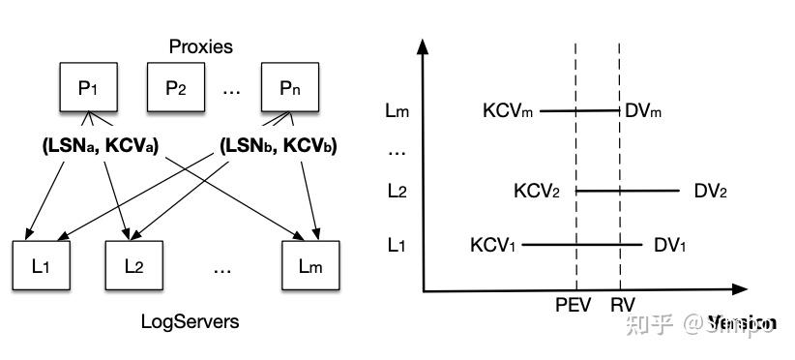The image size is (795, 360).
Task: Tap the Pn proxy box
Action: pyautogui.click(x=289, y=88)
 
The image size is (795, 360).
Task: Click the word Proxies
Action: pyautogui.click(x=200, y=46)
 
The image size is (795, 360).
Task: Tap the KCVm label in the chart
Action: pyautogui.click(x=508, y=111)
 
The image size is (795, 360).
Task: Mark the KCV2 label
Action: pyautogui.click(x=538, y=191)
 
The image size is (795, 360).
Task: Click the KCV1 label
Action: pyautogui.click(x=494, y=245)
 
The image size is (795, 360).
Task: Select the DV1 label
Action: pyautogui.click(x=670, y=245)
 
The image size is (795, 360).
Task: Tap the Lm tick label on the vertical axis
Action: pyautogui.click(x=397, y=111)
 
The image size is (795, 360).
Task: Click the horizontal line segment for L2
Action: pyautogui.click(x=628, y=191)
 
